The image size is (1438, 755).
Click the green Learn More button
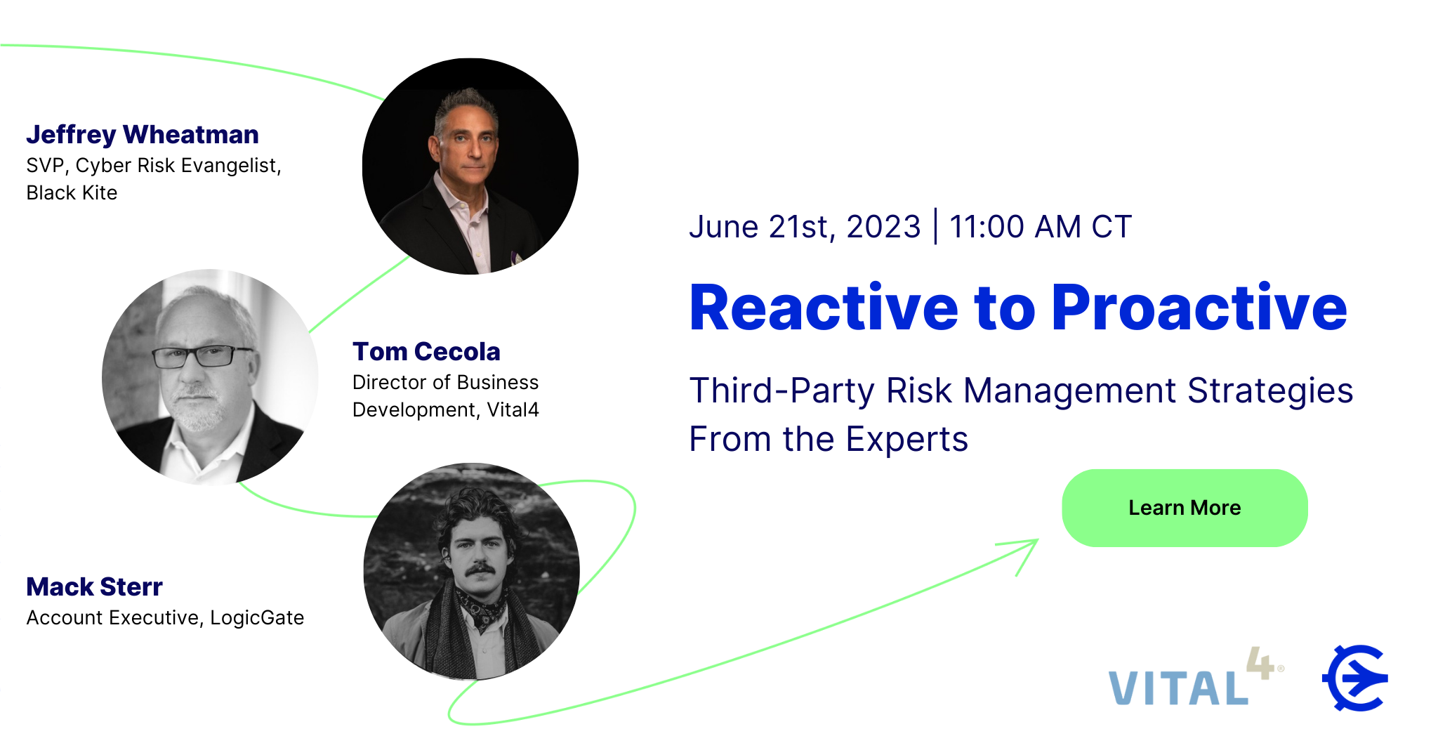point(1185,508)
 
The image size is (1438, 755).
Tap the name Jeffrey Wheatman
point(143,134)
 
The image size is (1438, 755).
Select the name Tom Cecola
point(426,351)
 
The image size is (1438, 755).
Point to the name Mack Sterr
point(94,586)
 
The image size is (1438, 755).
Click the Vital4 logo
point(1196,677)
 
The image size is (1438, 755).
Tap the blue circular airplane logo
point(1355,678)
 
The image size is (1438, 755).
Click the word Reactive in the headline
point(824,308)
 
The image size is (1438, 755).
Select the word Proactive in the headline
point(1199,308)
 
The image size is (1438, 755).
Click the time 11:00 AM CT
point(1041,227)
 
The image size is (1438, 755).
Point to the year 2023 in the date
point(883,227)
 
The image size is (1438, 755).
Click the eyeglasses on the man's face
point(202,357)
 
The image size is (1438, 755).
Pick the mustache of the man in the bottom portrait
point(480,569)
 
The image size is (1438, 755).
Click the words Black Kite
point(72,192)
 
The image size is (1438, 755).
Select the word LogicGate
point(257,617)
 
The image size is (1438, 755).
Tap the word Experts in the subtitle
point(906,440)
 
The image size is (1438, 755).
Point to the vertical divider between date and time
point(935,226)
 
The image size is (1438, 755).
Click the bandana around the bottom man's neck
point(482,605)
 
